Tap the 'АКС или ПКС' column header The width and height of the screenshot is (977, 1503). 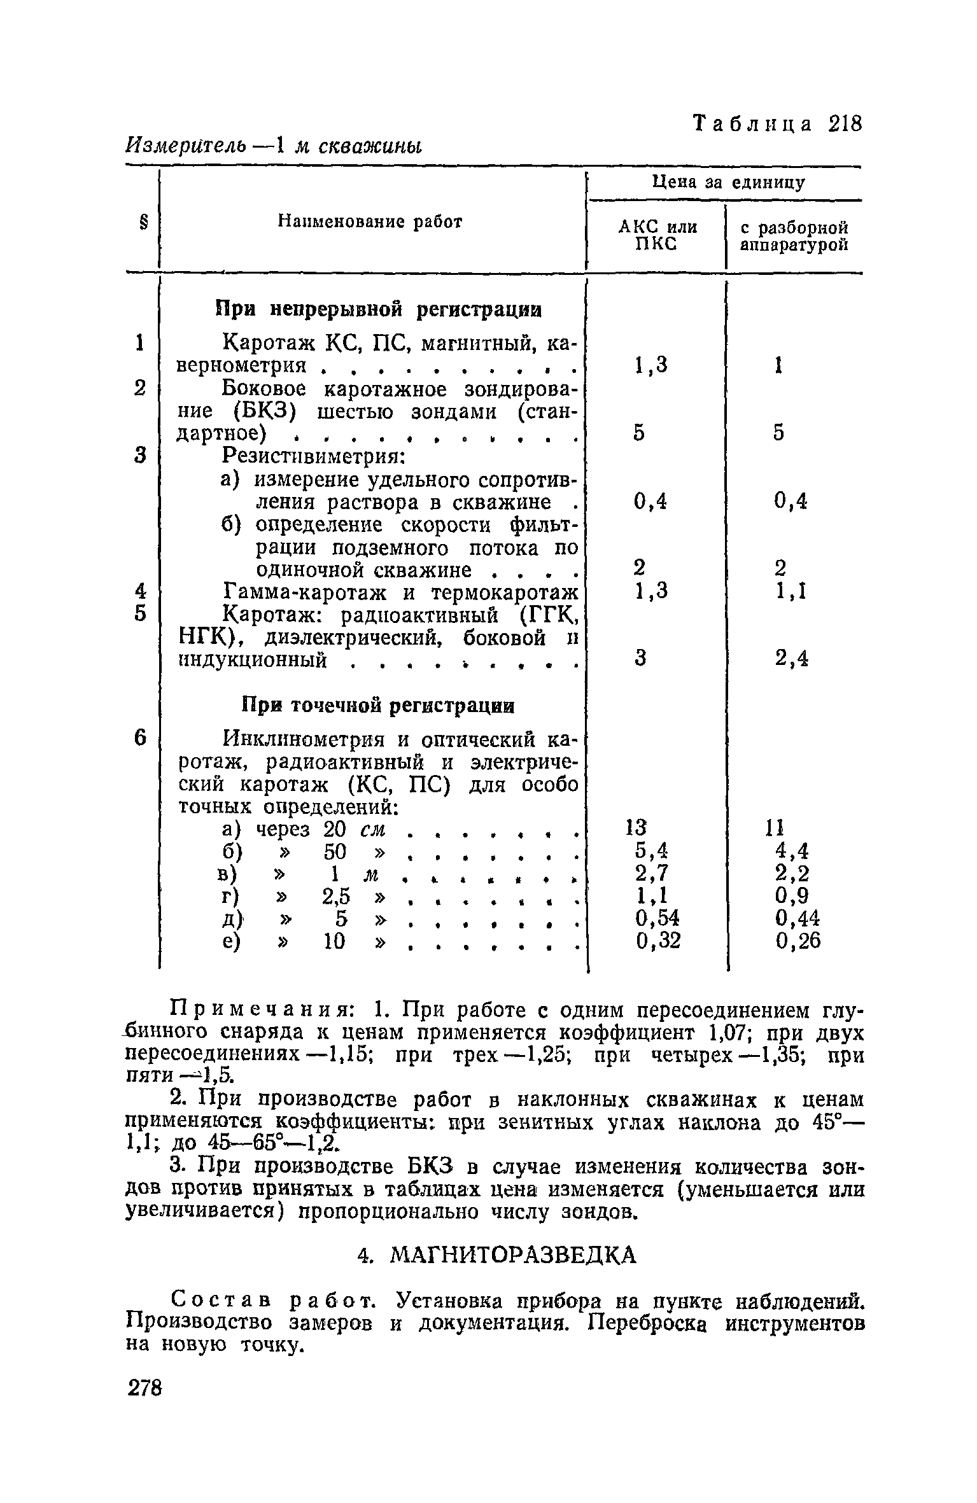point(657,235)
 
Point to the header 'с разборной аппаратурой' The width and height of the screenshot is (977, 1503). point(794,236)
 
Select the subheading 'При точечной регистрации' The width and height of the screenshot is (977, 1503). point(378,706)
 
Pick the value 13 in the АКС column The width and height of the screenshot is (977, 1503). point(636,828)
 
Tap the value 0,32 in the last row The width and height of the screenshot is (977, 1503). point(658,940)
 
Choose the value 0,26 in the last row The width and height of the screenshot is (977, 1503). point(798,940)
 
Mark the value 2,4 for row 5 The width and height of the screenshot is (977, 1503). point(792,659)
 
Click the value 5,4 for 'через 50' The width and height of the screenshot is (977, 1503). point(652,850)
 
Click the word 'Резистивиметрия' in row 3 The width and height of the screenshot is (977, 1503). point(313,456)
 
